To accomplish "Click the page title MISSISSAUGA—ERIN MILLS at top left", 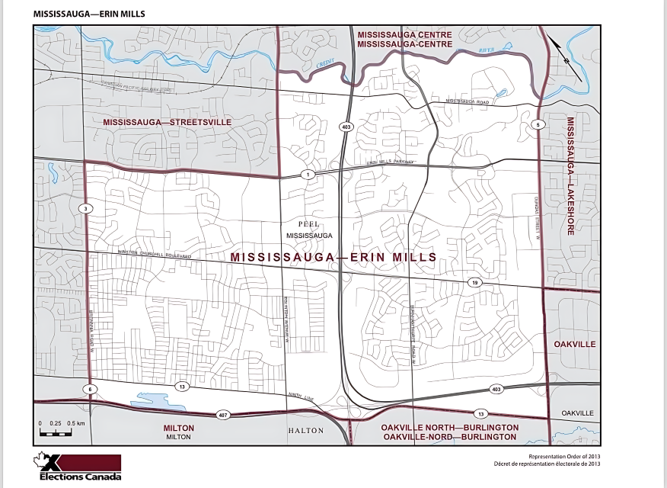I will [x=89, y=14].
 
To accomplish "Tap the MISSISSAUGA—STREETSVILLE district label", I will [x=167, y=122].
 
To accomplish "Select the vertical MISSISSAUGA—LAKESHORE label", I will [x=570, y=176].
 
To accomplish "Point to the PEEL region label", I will [x=310, y=224].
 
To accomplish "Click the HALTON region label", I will [x=305, y=431].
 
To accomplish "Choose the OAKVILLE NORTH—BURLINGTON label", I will [x=450, y=428].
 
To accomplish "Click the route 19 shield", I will [x=474, y=282].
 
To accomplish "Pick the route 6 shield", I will [x=90, y=389].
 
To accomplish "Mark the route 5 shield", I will [x=538, y=124].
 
